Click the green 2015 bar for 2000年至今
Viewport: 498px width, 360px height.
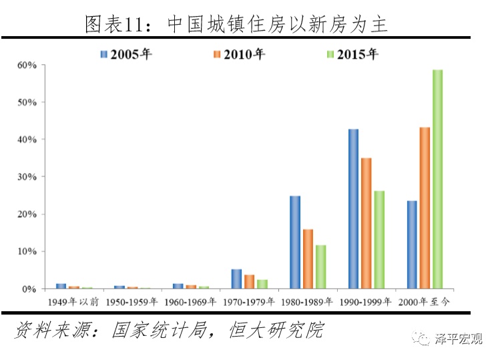click(437, 179)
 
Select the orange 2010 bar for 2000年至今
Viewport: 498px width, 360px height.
click(425, 208)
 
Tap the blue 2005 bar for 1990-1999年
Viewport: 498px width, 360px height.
click(353, 208)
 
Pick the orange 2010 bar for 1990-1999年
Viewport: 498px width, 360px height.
click(366, 223)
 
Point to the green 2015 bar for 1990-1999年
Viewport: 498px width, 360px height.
click(379, 240)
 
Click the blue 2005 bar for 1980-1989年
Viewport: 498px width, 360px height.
click(295, 242)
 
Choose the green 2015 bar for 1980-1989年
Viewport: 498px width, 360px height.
click(320, 266)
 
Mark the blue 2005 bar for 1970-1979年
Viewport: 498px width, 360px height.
click(236, 279)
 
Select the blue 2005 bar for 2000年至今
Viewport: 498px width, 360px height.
click(412, 244)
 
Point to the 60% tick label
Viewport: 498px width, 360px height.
click(26, 65)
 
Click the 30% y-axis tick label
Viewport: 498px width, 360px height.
click(26, 177)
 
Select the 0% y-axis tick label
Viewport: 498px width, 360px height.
click(29, 289)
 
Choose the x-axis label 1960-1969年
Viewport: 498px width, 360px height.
click(190, 302)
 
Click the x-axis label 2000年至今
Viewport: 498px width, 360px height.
click(424, 302)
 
